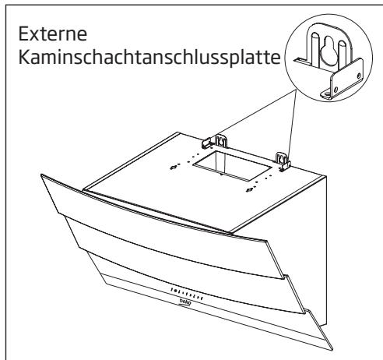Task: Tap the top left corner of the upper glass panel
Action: click(x=40, y=178)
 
